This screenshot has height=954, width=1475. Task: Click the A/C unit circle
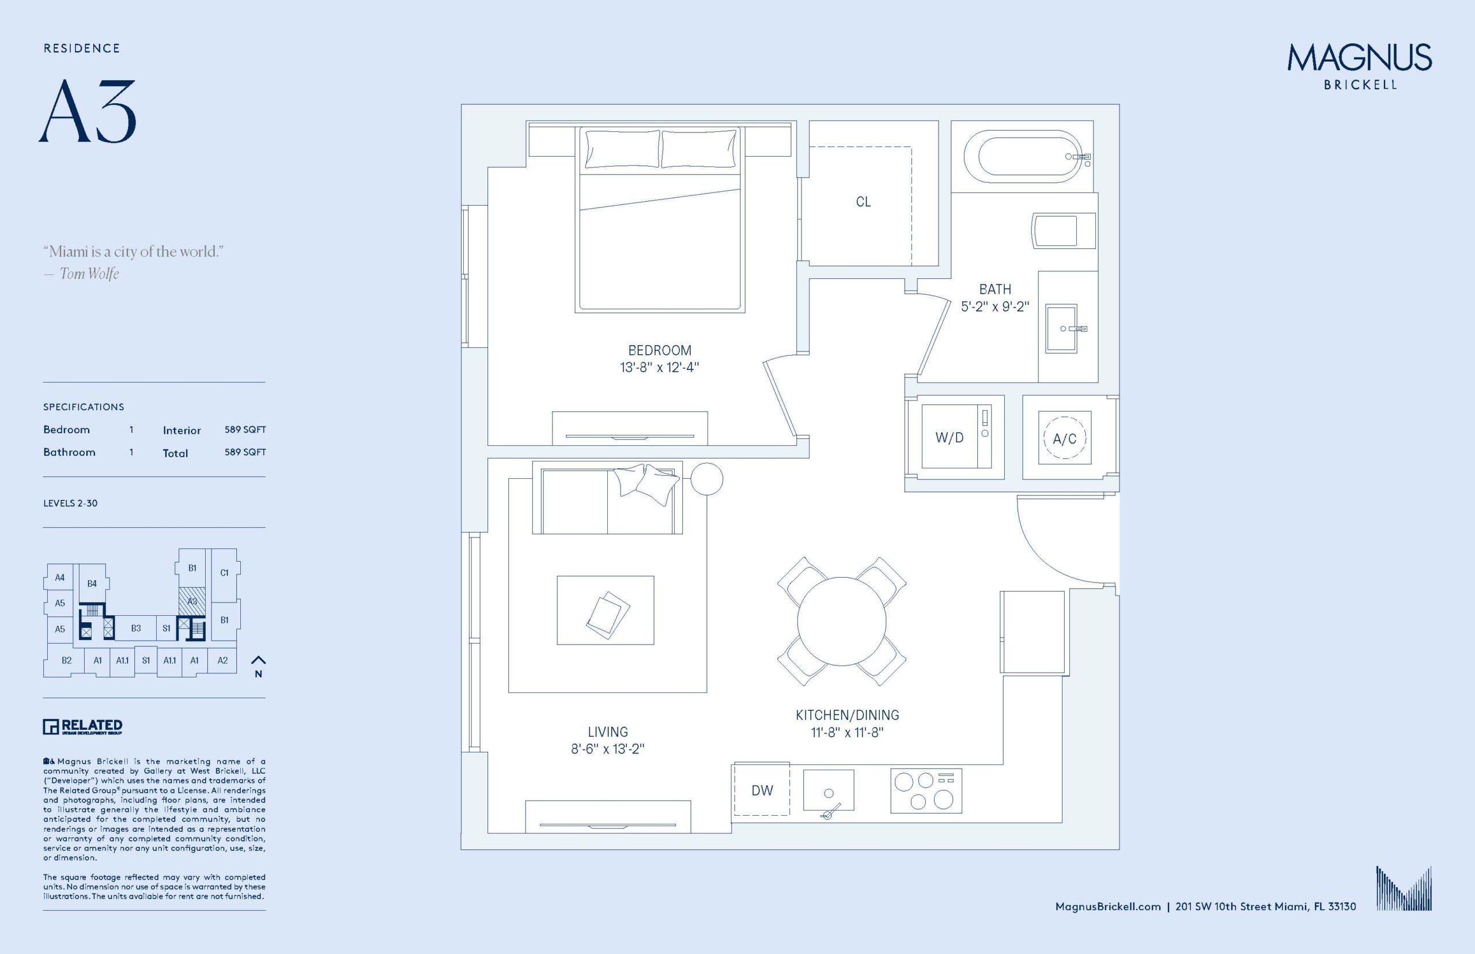pyautogui.click(x=1064, y=438)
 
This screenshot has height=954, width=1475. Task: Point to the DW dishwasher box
pyautogui.click(x=762, y=790)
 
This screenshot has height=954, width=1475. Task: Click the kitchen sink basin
pyautogui.click(x=829, y=790)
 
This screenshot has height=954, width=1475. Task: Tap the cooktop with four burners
pyautogui.click(x=926, y=790)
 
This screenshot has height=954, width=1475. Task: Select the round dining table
pyautogui.click(x=841, y=622)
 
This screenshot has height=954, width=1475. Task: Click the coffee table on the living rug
pyautogui.click(x=605, y=610)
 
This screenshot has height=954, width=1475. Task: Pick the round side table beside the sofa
pyautogui.click(x=706, y=479)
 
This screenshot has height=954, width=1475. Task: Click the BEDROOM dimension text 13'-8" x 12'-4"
pyautogui.click(x=659, y=368)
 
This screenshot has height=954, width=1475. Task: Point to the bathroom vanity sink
pyautogui.click(x=1061, y=328)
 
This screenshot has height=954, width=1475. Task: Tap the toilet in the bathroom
pyautogui.click(x=1062, y=231)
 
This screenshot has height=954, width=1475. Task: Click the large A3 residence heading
pyautogui.click(x=88, y=112)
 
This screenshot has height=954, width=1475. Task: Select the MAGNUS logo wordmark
pyautogui.click(x=1359, y=58)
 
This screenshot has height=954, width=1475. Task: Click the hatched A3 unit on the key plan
pyautogui.click(x=192, y=601)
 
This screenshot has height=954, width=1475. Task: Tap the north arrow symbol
pyautogui.click(x=258, y=661)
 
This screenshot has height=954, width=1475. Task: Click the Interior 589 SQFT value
pyautogui.click(x=245, y=429)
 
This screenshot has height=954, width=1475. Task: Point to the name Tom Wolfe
pyautogui.click(x=89, y=274)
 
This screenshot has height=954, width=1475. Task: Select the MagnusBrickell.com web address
pyautogui.click(x=1107, y=906)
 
